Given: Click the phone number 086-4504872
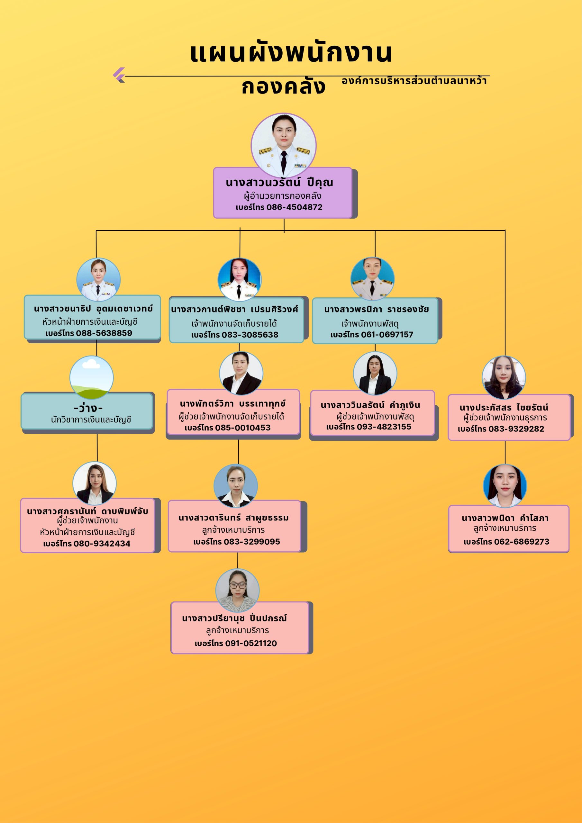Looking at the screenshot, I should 294,207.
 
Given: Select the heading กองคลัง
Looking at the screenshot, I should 283,86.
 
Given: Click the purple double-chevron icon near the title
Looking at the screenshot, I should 119,75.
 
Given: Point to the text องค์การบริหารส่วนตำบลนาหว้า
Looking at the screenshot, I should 414,81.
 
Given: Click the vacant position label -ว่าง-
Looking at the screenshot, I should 88,408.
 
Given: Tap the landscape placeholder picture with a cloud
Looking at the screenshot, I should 91,377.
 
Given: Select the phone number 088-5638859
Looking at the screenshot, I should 104,333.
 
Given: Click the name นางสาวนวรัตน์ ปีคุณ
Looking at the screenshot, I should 279,183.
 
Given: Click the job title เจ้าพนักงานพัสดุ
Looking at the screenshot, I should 370,324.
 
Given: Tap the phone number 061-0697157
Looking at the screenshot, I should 385,334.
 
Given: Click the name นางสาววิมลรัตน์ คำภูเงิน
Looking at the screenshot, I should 370,405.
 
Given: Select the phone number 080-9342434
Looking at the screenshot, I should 102,543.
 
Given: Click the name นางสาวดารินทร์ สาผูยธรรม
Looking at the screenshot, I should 233,518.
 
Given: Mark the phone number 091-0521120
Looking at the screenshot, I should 251,643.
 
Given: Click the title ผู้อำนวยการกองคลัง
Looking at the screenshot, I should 283,196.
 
